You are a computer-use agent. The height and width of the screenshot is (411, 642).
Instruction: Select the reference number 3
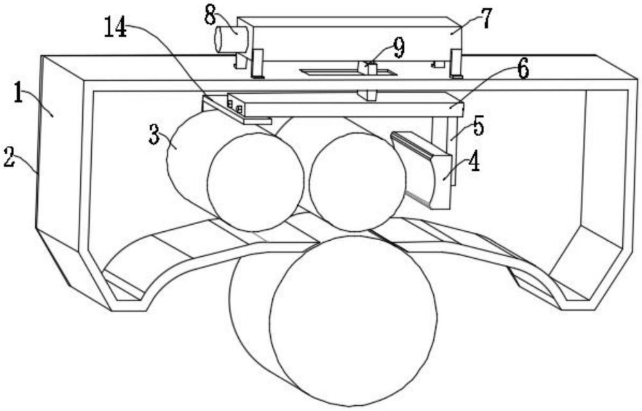(x=154, y=134)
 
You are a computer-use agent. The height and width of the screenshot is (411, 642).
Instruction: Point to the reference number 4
(x=474, y=162)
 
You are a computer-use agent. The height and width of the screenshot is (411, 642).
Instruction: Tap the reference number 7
(x=486, y=19)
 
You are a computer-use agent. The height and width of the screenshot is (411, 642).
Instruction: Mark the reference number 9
(x=399, y=48)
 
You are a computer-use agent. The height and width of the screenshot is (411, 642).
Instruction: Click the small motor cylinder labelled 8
(x=231, y=39)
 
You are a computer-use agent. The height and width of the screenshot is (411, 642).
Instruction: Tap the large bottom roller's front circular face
(x=354, y=321)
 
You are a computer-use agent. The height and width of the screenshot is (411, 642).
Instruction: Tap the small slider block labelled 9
(x=367, y=67)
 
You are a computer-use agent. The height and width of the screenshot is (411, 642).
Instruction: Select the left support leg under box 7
(x=257, y=64)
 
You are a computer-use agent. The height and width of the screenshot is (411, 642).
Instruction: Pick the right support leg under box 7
(x=456, y=64)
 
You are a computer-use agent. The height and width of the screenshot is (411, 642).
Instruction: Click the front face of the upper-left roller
(x=256, y=182)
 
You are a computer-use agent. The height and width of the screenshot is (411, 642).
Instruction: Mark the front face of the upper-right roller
(x=358, y=181)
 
